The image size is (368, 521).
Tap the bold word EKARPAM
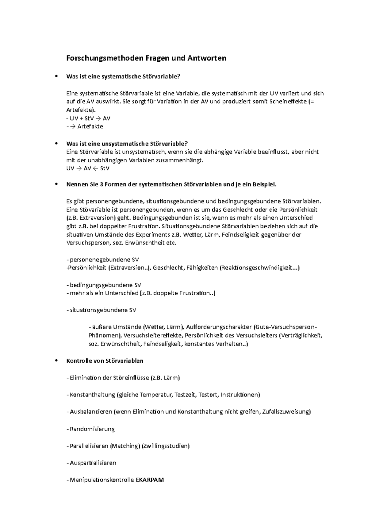click(150, 480)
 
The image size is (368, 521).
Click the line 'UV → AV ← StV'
click(88, 168)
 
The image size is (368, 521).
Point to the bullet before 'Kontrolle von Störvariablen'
click(56, 361)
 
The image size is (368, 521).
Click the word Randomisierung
click(92, 429)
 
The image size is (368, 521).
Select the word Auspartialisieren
click(93, 463)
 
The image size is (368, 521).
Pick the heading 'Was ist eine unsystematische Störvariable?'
click(127, 143)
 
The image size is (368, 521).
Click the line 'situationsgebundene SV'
click(103, 310)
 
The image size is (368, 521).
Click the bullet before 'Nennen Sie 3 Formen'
click(56, 184)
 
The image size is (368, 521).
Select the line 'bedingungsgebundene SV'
click(105, 285)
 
